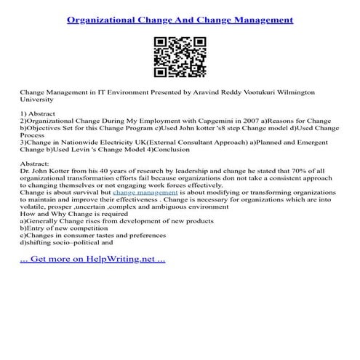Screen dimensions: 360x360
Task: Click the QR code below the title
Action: coord(180,57)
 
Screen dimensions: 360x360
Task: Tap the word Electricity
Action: coord(121,142)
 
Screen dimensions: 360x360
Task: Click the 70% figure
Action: coord(244,172)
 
